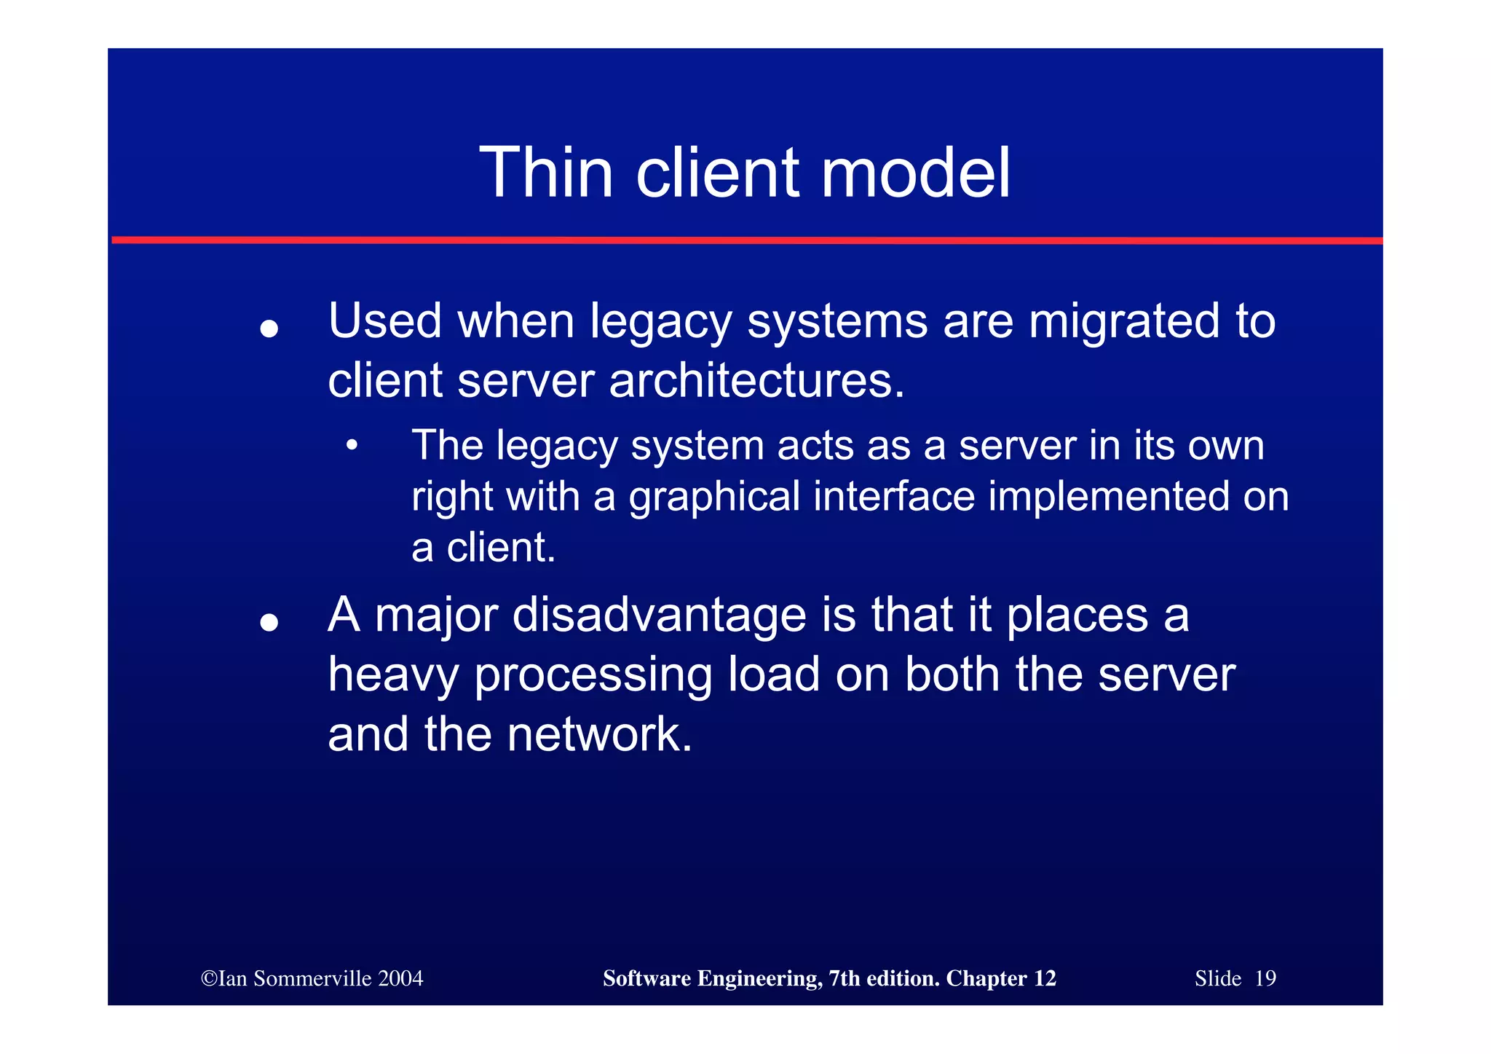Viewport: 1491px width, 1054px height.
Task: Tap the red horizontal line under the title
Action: (x=746, y=240)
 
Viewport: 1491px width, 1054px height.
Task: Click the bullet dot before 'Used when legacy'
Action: (x=269, y=329)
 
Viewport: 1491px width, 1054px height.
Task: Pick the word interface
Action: (x=893, y=497)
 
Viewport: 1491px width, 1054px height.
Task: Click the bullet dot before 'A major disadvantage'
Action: (x=269, y=622)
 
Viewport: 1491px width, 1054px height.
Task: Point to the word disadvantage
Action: (x=659, y=616)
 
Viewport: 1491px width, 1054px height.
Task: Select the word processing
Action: (x=593, y=675)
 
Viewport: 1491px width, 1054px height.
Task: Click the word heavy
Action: (x=393, y=675)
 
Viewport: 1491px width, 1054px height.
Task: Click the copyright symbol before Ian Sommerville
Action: (x=209, y=978)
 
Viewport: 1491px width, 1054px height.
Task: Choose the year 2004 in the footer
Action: (x=400, y=978)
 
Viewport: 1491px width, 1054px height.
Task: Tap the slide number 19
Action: (x=1265, y=978)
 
